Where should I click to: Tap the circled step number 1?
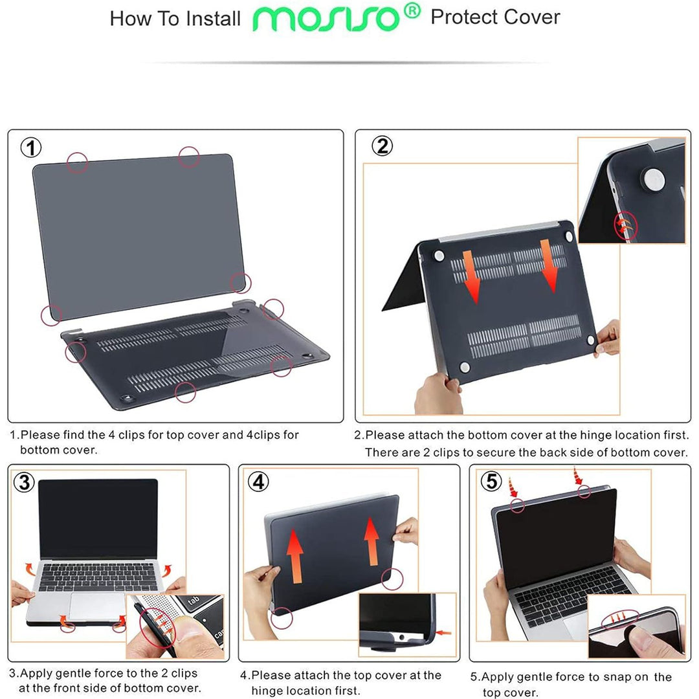click(x=31, y=148)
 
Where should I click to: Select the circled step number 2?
click(x=383, y=147)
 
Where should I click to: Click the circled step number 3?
click(x=25, y=483)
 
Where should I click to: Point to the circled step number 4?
click(x=258, y=483)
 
